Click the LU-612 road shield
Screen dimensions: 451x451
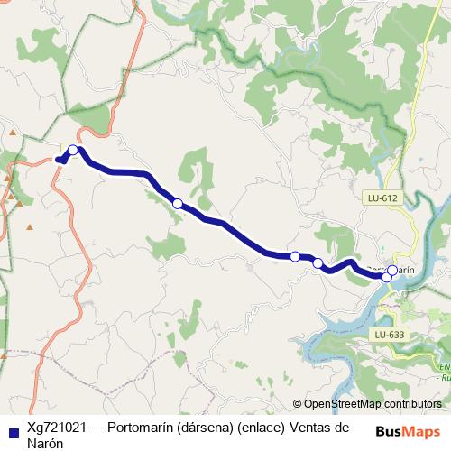[x=383, y=198]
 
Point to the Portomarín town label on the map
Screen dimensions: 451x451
[x=390, y=270]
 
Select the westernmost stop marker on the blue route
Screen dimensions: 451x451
[x=73, y=151]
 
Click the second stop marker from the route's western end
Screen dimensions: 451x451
[x=178, y=204]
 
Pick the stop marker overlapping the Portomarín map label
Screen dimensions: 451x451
[x=392, y=270]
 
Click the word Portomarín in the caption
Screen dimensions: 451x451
[x=146, y=427]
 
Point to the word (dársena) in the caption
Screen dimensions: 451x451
[x=208, y=427]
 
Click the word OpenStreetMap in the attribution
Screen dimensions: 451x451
[x=345, y=404]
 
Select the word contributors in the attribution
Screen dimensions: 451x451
[x=414, y=404]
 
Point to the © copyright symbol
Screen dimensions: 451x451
[x=298, y=404]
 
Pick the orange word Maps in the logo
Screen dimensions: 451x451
[x=419, y=430]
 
